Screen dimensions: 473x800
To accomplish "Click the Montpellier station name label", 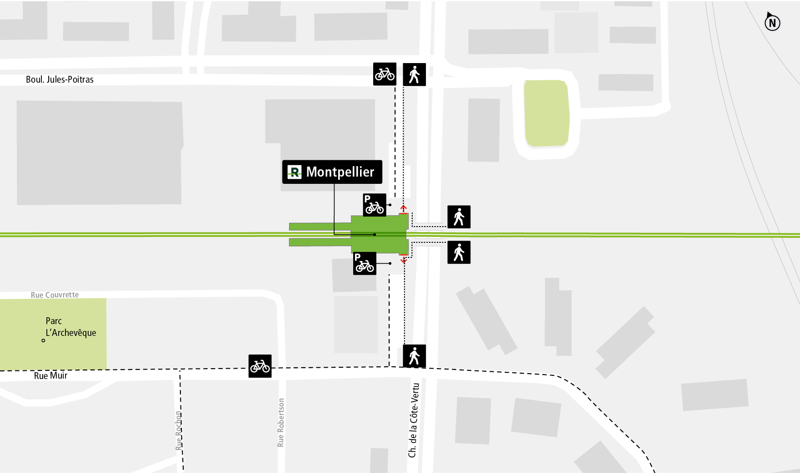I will coord(340,172).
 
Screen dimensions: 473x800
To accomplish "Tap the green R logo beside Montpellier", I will coord(295,172).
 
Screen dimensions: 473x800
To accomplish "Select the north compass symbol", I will coord(772,22).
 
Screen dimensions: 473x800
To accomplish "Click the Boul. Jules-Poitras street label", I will coord(60,79).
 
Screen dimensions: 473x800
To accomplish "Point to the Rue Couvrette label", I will coord(55,295).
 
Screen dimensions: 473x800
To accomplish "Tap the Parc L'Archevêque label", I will coord(70,327).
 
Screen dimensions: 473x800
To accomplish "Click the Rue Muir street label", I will coord(50,376).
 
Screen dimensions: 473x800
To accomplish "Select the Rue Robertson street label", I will coord(281,422).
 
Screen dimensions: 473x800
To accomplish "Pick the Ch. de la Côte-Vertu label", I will coord(413,420).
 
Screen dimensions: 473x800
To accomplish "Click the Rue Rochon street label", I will coord(179,430).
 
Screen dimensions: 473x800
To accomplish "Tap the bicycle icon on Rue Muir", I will coord(260,366).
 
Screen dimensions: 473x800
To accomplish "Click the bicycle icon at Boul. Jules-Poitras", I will coord(385,74).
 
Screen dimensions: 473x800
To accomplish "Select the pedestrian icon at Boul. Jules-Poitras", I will coord(414,74).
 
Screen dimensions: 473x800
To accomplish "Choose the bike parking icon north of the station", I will coord(375,205).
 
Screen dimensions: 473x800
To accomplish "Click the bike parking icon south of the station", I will coord(365,263).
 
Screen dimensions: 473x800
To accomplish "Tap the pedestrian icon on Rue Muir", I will coord(414,356).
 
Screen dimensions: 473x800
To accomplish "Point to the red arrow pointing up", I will coord(404,209).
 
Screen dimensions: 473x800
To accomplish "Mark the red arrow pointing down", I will coord(404,260).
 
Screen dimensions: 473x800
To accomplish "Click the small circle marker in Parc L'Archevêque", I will coord(44,340).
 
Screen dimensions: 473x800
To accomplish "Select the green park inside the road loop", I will coord(546,113).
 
